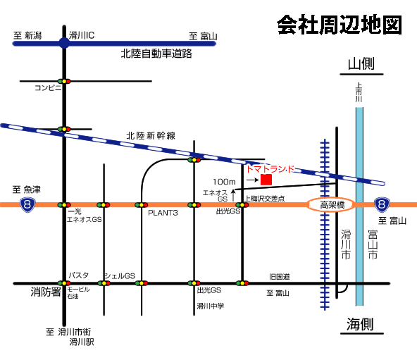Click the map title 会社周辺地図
coord(340,25)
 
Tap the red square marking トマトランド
coord(266,180)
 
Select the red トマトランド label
coord(270,169)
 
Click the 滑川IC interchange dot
coord(64,43)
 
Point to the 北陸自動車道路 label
coord(156,54)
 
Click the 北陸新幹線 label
coord(151,136)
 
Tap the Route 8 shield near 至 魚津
coord(27,204)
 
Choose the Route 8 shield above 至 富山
coord(382,204)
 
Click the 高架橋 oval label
coord(332,205)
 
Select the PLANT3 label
coord(163,213)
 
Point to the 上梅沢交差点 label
coord(264,199)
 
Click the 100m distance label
coord(224,182)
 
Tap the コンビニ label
coord(48,87)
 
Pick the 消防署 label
coord(46,292)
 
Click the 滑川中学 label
coord(211,306)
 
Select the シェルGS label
coord(120,276)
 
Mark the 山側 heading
coord(361,64)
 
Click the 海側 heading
coord(360,324)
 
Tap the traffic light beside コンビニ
coord(64,81)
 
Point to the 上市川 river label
coord(359,92)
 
